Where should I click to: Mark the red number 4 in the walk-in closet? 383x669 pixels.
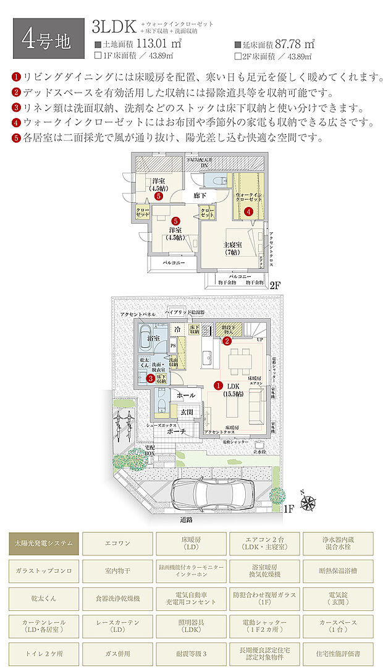point(249,211)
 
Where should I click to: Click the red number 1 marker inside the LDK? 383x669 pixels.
point(217,385)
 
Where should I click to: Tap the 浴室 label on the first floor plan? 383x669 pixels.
point(153,339)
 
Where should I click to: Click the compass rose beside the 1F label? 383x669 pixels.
point(308,503)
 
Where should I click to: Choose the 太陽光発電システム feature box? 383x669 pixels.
point(44,543)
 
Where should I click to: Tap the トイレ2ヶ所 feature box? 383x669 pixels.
point(44,652)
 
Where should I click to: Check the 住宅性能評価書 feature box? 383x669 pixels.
point(338,652)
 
